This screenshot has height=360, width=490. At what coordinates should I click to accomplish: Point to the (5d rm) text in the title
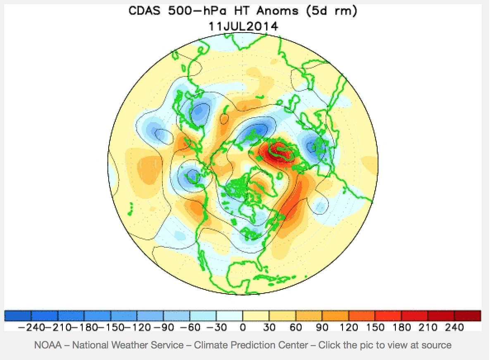click(x=331, y=11)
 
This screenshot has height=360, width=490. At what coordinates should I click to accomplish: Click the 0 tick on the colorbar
click(x=243, y=328)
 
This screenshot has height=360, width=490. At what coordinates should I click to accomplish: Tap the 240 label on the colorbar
click(x=454, y=328)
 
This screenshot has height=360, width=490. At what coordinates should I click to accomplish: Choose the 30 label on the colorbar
click(x=269, y=328)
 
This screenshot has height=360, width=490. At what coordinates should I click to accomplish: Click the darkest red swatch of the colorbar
click(x=468, y=316)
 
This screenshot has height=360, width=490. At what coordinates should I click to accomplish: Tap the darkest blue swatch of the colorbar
click(x=17, y=316)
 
